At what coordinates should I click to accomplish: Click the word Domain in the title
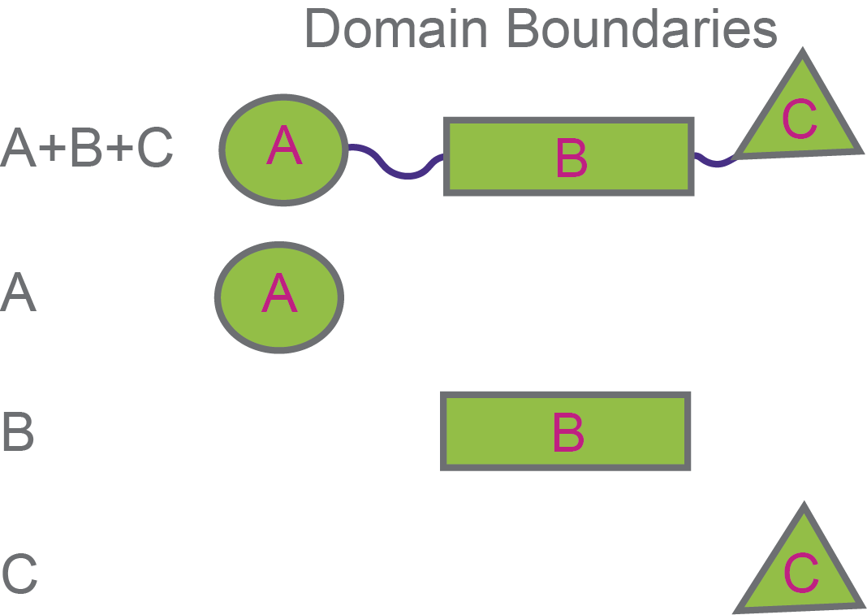(395, 29)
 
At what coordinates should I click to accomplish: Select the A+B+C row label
(87, 149)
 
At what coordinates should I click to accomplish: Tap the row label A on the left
(19, 293)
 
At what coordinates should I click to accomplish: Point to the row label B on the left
(18, 432)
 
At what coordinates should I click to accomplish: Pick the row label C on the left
(19, 573)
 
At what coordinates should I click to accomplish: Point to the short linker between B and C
(714, 162)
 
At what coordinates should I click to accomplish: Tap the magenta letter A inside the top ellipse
(283, 148)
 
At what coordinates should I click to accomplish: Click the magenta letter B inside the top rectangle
(572, 158)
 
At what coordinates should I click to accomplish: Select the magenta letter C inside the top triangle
(800, 119)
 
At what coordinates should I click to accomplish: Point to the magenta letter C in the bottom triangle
(800, 574)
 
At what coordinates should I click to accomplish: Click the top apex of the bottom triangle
(803, 509)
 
